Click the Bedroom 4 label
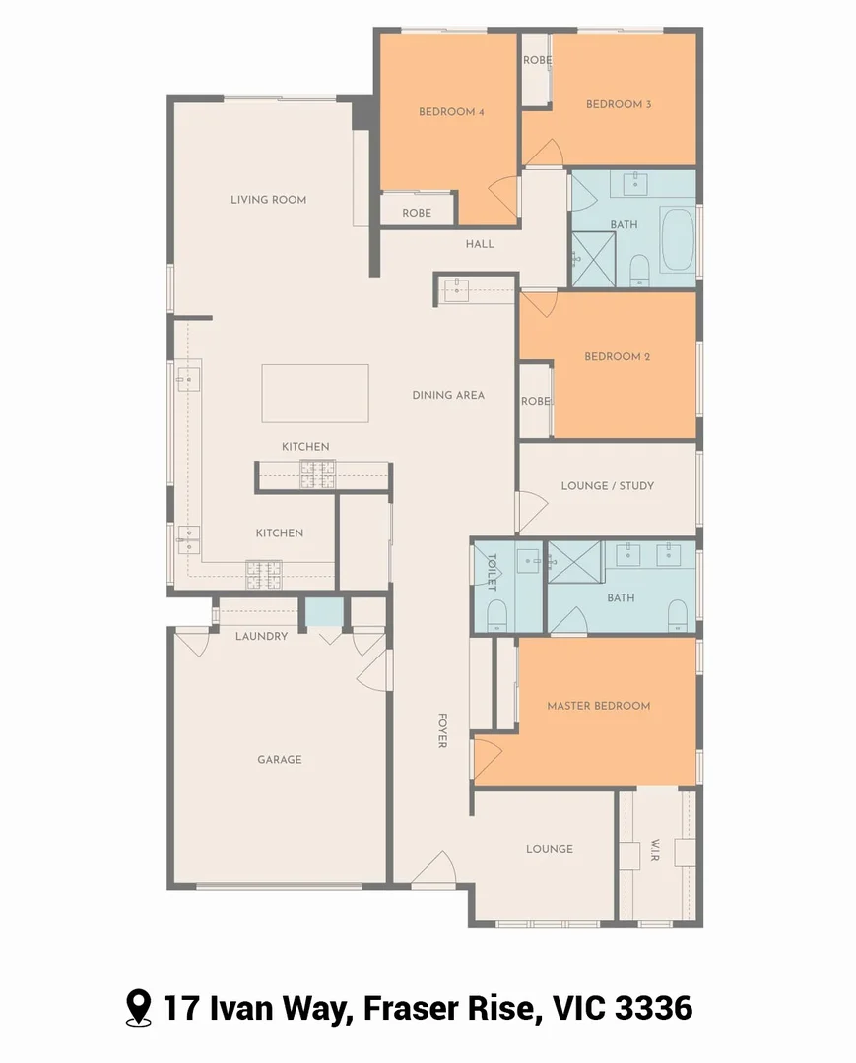pyautogui.click(x=451, y=112)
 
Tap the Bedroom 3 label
pyautogui.click(x=619, y=104)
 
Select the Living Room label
pyautogui.click(x=268, y=200)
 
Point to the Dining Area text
pyautogui.click(x=448, y=395)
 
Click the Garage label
pyautogui.click(x=280, y=760)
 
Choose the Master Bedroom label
pyautogui.click(x=598, y=706)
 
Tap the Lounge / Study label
pyautogui.click(x=607, y=485)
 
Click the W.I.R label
pyautogui.click(x=656, y=848)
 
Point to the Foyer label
pyautogui.click(x=443, y=729)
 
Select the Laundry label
pyautogui.click(x=261, y=636)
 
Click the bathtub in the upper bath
pyautogui.click(x=677, y=239)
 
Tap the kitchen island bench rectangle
pyautogui.click(x=315, y=393)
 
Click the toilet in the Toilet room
pyautogui.click(x=496, y=614)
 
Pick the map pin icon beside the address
pyautogui.click(x=139, y=1008)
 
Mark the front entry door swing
pyautogui.click(x=433, y=869)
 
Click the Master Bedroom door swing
pyautogui.click(x=487, y=757)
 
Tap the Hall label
pyautogui.click(x=480, y=244)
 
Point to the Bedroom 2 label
pyautogui.click(x=617, y=356)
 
